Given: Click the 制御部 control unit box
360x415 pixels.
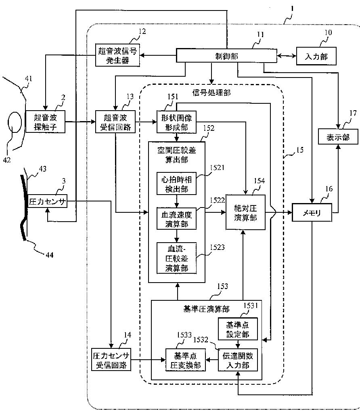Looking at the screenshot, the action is [x=227, y=56].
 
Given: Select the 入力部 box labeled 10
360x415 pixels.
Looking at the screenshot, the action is [x=316, y=56].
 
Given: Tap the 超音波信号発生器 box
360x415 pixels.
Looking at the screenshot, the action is [x=117, y=55].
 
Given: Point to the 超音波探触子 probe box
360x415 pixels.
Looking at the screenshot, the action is [x=45, y=122].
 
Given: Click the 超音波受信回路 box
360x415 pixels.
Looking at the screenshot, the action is [x=115, y=122].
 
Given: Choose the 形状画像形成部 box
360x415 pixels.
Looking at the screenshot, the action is [x=177, y=122].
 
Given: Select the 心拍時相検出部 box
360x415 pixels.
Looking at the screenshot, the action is [x=177, y=184].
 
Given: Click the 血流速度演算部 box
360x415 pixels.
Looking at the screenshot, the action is [x=177, y=219].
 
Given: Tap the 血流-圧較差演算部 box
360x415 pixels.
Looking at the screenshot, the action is [x=177, y=258].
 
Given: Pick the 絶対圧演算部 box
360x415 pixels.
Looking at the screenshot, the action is [x=245, y=212].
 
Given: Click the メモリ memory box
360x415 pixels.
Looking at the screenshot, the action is [x=312, y=212].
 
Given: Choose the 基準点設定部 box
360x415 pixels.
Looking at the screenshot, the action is [x=238, y=329].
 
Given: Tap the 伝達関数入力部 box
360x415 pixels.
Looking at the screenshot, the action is [x=238, y=360].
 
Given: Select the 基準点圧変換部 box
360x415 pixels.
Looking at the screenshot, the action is [x=186, y=360].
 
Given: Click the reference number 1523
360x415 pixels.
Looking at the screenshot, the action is [x=217, y=247].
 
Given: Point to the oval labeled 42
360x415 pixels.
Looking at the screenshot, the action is [x=15, y=122].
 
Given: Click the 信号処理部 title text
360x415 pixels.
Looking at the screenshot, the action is [x=211, y=92].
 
